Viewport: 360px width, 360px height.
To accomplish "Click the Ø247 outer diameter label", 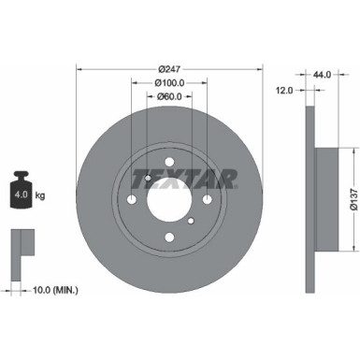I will [169, 68].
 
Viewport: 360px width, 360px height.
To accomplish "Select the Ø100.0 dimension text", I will [169, 82].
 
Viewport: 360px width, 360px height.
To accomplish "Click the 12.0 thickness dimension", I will [285, 90].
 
